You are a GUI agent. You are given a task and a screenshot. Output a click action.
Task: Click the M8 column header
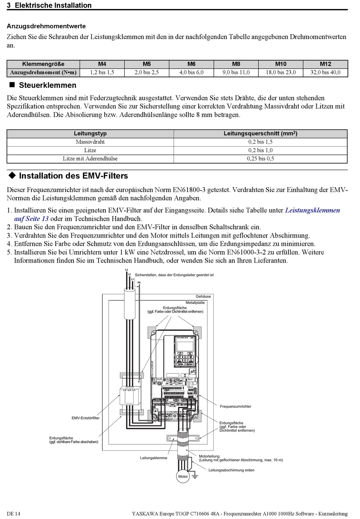click(236, 64)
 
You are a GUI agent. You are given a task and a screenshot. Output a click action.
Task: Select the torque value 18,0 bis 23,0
click(281, 72)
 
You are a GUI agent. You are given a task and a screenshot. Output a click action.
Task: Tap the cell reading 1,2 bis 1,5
click(102, 72)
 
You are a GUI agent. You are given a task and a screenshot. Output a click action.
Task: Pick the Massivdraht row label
click(90, 142)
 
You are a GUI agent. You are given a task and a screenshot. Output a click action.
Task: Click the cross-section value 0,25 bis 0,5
click(260, 158)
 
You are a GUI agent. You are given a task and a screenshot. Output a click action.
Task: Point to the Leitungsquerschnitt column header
click(260, 133)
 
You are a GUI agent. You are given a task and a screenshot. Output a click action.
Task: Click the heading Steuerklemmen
click(47, 85)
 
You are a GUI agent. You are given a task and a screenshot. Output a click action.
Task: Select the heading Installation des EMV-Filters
click(73, 176)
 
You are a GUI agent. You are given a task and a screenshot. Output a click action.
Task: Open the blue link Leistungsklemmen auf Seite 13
click(312, 210)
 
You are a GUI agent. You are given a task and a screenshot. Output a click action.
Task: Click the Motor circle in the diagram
click(183, 477)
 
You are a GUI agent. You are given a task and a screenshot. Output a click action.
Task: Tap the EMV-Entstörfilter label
click(86, 418)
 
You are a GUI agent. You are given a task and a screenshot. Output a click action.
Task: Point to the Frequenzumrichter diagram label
click(235, 406)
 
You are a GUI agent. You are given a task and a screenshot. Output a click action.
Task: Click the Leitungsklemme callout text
click(153, 458)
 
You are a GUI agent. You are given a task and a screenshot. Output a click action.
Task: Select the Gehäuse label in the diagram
click(203, 297)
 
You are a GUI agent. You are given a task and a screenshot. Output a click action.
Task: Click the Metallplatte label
click(195, 303)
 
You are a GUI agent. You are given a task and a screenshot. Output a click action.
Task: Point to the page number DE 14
click(14, 514)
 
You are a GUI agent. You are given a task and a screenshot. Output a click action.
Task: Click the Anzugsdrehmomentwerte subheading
click(46, 26)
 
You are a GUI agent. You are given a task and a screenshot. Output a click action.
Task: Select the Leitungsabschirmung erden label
click(231, 470)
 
